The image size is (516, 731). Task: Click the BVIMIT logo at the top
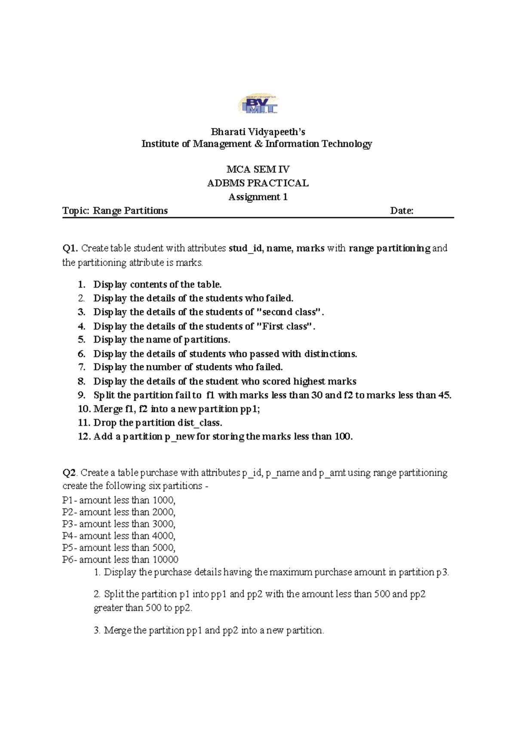click(x=258, y=105)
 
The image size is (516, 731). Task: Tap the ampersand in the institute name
click(x=258, y=144)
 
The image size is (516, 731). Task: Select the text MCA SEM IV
click(x=258, y=169)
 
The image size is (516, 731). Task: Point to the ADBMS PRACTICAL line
click(x=258, y=183)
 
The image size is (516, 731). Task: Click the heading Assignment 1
click(x=258, y=197)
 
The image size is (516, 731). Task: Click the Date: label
click(x=402, y=211)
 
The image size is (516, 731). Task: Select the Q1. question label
click(x=70, y=248)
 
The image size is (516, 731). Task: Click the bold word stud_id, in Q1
click(x=246, y=248)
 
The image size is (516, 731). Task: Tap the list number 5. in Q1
click(x=82, y=340)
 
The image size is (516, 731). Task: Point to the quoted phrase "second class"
click(x=289, y=312)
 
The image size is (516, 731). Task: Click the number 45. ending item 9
click(x=444, y=395)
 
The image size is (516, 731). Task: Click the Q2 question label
click(x=70, y=473)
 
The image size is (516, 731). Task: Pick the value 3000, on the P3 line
click(x=164, y=524)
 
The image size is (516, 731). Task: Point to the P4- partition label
click(x=69, y=536)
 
